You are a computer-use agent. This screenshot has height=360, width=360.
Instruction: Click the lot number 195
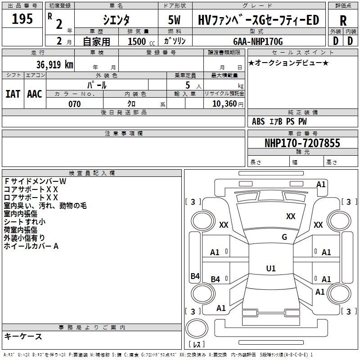click(x=22, y=18)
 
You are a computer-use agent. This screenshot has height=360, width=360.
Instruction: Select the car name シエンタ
click(x=116, y=20)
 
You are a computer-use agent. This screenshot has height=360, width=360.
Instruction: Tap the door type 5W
click(x=174, y=20)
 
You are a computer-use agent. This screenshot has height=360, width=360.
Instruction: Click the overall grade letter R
click(x=343, y=21)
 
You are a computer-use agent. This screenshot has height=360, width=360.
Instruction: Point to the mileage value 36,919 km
click(x=55, y=64)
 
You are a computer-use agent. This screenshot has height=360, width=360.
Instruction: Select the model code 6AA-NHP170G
click(x=258, y=41)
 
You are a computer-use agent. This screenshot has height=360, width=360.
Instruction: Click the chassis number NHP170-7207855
click(x=302, y=143)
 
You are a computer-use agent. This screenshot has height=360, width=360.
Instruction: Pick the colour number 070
click(x=75, y=104)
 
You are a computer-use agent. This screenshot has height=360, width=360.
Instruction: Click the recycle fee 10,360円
click(x=228, y=104)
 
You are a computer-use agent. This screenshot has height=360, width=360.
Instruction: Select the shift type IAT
click(x=13, y=94)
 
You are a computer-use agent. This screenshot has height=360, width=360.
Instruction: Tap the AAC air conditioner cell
click(x=35, y=94)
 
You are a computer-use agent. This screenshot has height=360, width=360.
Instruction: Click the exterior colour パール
click(x=97, y=85)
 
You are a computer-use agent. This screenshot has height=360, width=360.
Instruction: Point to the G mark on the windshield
click(x=284, y=237)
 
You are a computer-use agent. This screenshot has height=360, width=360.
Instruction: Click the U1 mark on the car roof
click(x=271, y=268)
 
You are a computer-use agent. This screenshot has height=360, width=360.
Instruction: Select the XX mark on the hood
click(x=291, y=216)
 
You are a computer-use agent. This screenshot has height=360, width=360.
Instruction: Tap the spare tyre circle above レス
click(x=197, y=328)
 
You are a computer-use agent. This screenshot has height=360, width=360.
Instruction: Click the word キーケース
click(x=23, y=336)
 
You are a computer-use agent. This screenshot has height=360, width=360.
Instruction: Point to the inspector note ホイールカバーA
click(x=31, y=246)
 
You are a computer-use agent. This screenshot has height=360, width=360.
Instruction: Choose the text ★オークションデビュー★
click(x=288, y=63)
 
